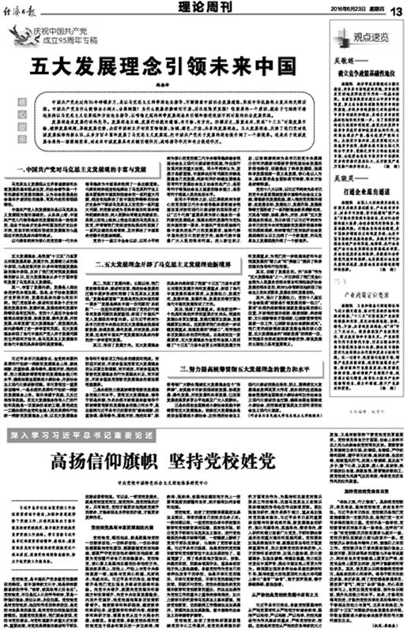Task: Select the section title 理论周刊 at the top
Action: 194,8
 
